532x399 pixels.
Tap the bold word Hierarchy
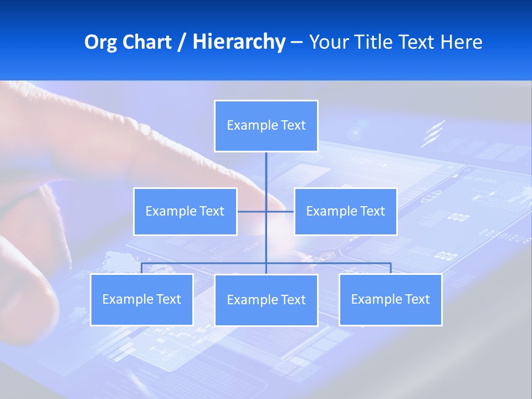tap(238, 42)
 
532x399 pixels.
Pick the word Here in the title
tap(461, 42)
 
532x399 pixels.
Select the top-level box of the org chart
tap(266, 126)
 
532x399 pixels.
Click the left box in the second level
tap(185, 211)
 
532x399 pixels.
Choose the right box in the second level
tap(345, 211)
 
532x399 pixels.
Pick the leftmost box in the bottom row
tap(141, 299)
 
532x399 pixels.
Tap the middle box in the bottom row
tap(266, 300)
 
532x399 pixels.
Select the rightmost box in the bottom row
tap(390, 299)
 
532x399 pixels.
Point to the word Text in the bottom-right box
tap(417, 299)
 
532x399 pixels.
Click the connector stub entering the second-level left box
tap(247, 211)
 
